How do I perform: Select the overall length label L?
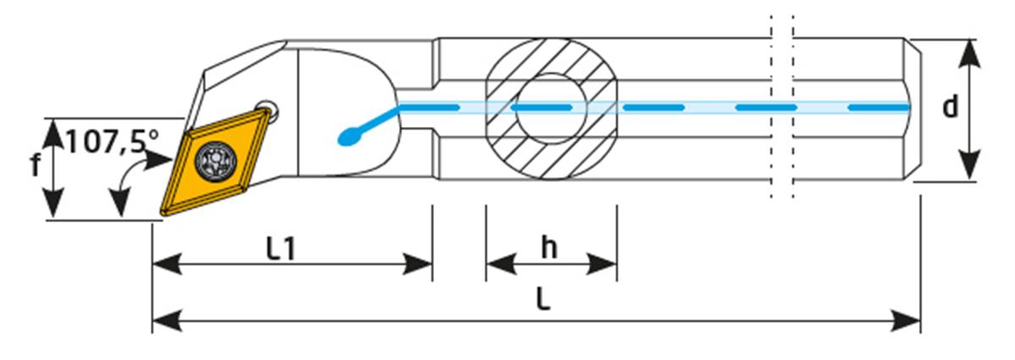544,301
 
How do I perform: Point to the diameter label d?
951,108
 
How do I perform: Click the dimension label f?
36,166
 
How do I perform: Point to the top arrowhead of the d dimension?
971,51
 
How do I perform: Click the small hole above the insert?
268,110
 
